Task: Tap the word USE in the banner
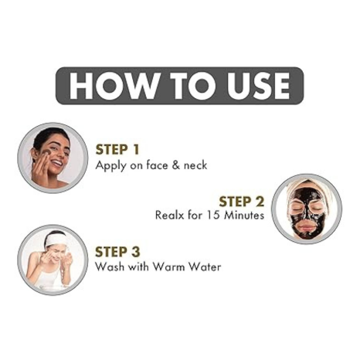(x=259, y=86)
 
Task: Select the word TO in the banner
(x=192, y=86)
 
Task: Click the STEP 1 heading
(x=117, y=150)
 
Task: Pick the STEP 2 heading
(x=242, y=202)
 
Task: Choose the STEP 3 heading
(x=117, y=252)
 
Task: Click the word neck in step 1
(x=195, y=165)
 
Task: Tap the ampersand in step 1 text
(x=176, y=165)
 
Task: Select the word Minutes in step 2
(x=244, y=215)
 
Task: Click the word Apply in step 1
(x=110, y=165)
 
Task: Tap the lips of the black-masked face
(x=306, y=228)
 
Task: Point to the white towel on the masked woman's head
(x=307, y=187)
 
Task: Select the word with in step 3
(x=138, y=267)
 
